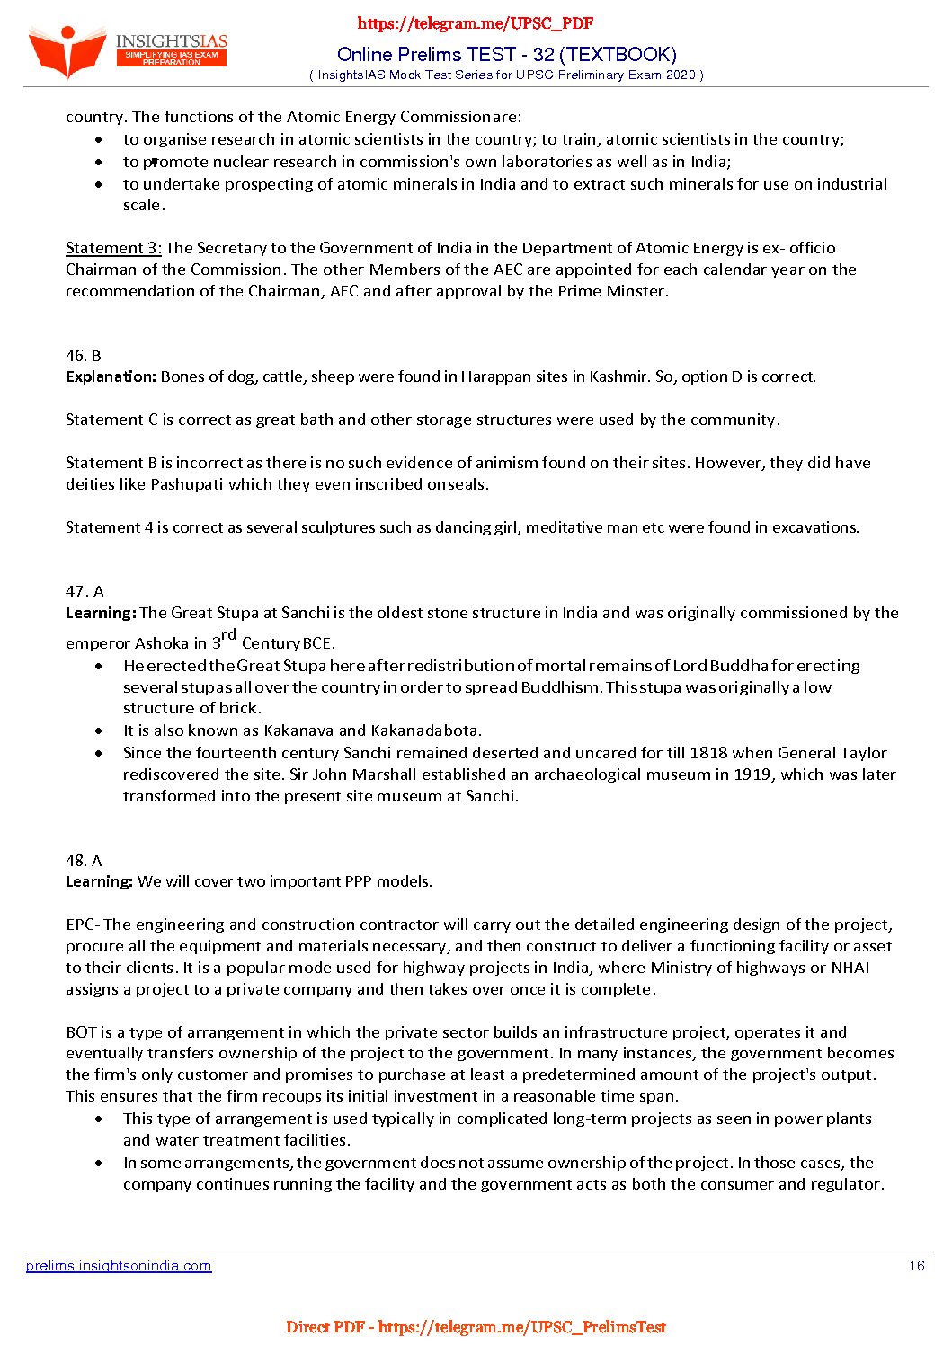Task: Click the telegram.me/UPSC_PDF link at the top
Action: (476, 23)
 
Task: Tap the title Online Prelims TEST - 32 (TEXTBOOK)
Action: (506, 54)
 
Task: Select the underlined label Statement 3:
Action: (113, 248)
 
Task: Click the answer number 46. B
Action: (84, 356)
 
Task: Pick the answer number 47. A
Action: (85, 591)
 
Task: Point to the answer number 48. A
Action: (84, 861)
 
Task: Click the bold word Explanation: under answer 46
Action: (111, 377)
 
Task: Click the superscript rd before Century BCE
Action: (228, 635)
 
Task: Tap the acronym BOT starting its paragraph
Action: (81, 1032)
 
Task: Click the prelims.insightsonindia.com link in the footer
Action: (119, 1266)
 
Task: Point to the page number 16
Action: (916, 1266)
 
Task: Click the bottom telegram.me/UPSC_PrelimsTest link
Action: (521, 1327)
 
